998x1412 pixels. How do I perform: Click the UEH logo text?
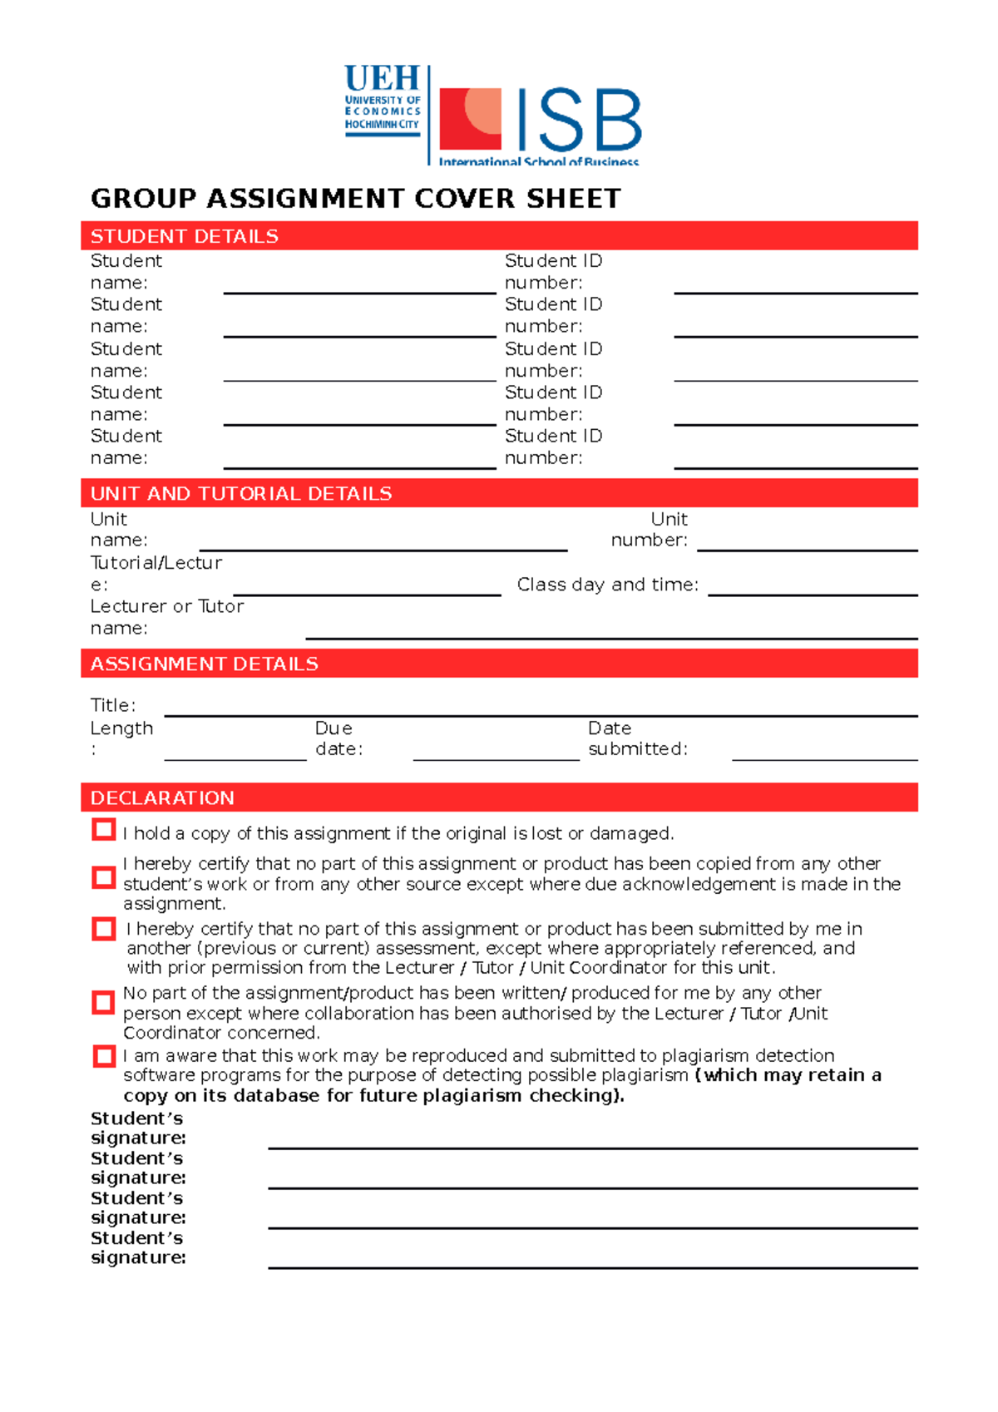point(382,79)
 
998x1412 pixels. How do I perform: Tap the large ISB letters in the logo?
point(579,121)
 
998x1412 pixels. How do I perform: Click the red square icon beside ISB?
point(470,119)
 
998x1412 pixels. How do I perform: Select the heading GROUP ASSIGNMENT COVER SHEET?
point(355,199)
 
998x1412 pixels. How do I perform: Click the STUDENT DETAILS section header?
point(184,236)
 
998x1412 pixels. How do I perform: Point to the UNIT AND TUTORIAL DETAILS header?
point(240,494)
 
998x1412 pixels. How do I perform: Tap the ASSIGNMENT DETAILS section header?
point(204,664)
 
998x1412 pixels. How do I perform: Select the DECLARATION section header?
point(162,798)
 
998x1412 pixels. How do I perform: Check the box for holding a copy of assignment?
point(104,830)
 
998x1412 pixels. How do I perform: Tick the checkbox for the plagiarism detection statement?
point(104,1056)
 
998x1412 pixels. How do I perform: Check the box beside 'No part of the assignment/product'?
point(104,1003)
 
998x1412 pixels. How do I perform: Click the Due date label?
point(338,738)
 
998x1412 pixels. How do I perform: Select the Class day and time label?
point(608,585)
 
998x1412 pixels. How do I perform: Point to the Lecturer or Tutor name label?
point(166,617)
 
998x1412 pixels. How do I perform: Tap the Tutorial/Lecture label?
point(156,573)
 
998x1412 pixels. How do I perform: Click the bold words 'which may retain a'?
point(793,1075)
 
